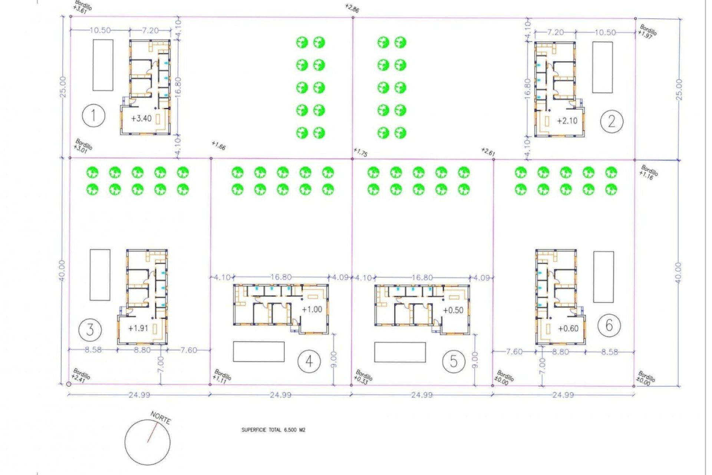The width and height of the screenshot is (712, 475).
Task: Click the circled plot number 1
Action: click(x=93, y=115)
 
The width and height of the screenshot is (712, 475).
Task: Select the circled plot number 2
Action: click(x=612, y=121)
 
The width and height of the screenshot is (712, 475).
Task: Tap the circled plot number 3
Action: click(x=90, y=330)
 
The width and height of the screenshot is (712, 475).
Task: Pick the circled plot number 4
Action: click(x=309, y=361)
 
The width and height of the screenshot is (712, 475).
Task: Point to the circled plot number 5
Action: click(x=454, y=361)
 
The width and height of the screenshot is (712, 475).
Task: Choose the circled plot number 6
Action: click(x=609, y=325)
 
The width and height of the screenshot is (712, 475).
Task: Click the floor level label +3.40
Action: click(x=141, y=118)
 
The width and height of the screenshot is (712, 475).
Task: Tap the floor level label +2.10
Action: click(x=567, y=121)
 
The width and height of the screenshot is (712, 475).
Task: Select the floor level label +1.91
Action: click(x=138, y=328)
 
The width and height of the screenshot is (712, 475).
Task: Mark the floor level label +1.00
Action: click(x=312, y=309)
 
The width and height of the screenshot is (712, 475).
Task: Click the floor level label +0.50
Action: click(x=453, y=310)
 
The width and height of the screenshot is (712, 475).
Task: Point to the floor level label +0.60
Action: click(x=568, y=328)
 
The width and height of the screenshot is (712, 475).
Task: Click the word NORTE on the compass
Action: click(x=161, y=418)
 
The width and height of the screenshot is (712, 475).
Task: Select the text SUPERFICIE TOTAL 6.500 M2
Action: click(x=273, y=430)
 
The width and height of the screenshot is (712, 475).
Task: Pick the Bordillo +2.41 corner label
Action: click(x=80, y=375)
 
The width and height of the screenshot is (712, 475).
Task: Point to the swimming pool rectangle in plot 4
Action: click(x=258, y=351)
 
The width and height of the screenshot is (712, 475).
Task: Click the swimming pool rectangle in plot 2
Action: click(x=602, y=67)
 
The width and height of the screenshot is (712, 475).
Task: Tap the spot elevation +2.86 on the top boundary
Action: click(x=352, y=8)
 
